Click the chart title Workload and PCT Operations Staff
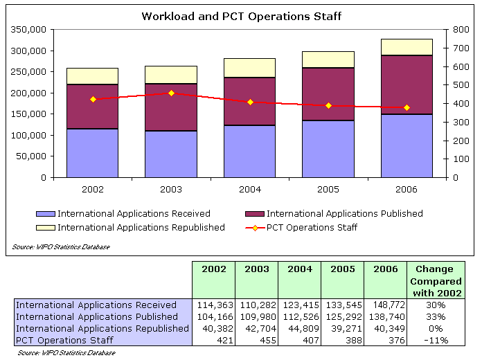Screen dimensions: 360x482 point(241,15)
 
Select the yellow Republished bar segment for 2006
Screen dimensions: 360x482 point(407,47)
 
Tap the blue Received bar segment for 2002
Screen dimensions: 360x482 point(92,153)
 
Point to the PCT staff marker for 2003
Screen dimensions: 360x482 point(172,93)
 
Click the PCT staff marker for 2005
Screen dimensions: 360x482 point(328,105)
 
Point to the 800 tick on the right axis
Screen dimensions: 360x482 point(461,30)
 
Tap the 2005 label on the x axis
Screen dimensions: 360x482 point(328,188)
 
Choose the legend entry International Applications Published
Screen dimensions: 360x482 point(344,214)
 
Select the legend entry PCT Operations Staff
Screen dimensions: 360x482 point(312,227)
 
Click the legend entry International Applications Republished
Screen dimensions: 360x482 point(141,227)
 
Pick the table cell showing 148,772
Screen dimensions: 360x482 point(385,305)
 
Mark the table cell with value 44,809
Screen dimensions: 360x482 point(299,328)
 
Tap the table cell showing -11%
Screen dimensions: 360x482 point(435,340)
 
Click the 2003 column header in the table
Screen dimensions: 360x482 point(256,269)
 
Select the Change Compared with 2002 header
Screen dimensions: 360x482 point(435,281)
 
